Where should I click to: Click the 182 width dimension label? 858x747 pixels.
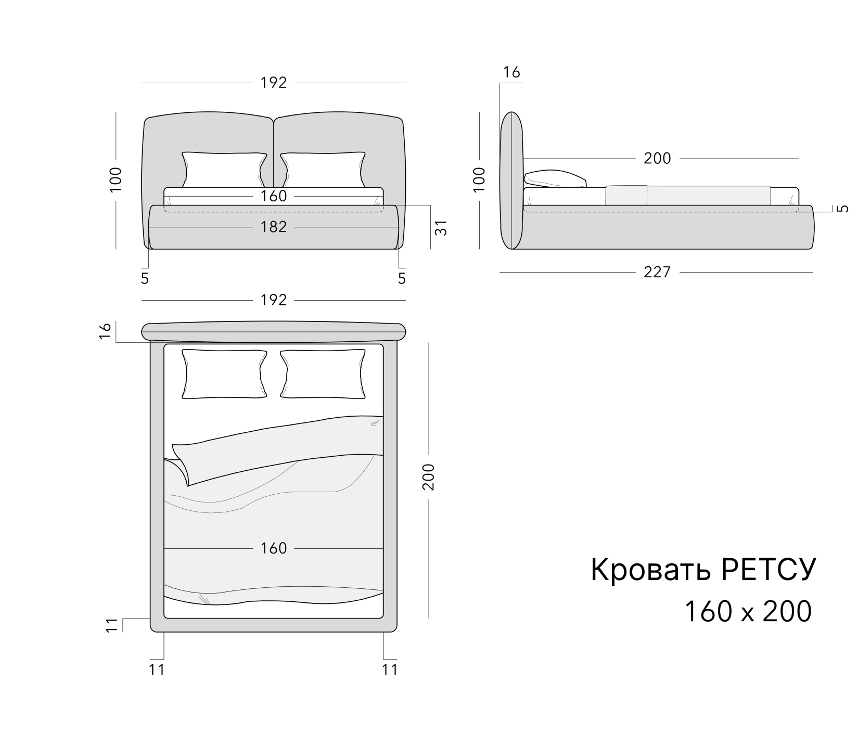click(274, 227)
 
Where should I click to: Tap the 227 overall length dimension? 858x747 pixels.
click(657, 272)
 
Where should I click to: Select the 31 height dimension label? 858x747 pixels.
click(441, 227)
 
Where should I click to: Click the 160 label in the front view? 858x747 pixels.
click(274, 196)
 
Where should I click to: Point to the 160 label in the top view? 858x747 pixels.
click(274, 548)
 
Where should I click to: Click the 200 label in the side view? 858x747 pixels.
click(657, 158)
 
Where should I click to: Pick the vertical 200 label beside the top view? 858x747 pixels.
click(429, 476)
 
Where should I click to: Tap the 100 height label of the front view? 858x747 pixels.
click(116, 180)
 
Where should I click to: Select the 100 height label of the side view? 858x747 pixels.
click(479, 180)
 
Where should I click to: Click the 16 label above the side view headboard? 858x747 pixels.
click(511, 72)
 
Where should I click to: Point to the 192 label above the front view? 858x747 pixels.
click(274, 83)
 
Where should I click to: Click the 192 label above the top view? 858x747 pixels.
click(274, 300)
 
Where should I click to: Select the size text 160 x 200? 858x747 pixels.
click(748, 611)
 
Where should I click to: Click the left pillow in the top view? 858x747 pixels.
click(224, 374)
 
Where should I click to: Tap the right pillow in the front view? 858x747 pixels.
click(323, 170)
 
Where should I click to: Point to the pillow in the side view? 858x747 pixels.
click(555, 178)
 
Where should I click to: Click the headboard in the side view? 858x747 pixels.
click(511, 181)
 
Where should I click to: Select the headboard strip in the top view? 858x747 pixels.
click(274, 331)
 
